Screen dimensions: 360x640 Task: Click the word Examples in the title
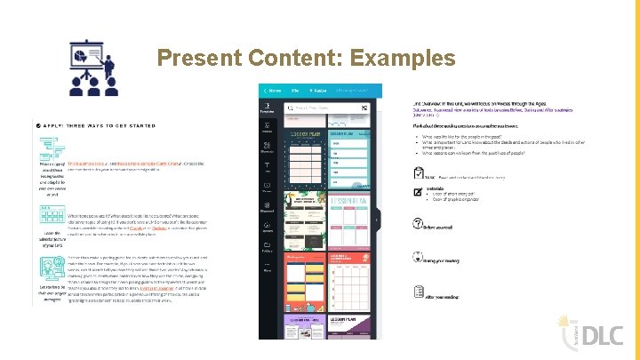click(x=404, y=60)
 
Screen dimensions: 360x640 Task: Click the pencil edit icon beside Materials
click(x=418, y=189)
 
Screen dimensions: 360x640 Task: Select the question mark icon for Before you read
click(x=418, y=225)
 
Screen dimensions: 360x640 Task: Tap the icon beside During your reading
click(x=418, y=257)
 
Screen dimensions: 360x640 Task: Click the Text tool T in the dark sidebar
click(x=266, y=167)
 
